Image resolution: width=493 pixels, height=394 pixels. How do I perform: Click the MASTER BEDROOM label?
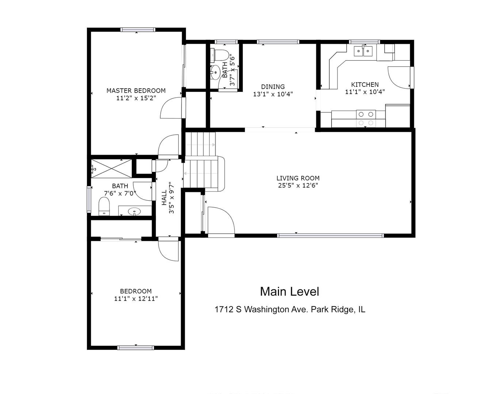click(136, 91)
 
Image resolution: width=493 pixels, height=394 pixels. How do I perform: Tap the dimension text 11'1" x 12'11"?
click(136, 298)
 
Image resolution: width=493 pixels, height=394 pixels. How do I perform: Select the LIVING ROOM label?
click(298, 178)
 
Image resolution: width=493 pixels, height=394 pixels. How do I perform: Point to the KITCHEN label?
click(365, 85)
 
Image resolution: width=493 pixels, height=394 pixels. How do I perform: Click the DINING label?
click(273, 86)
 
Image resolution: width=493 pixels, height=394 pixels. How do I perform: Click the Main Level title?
click(290, 291)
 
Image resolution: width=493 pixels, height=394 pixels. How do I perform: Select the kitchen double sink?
click(363, 51)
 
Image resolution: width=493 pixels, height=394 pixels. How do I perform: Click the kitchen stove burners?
click(366, 118)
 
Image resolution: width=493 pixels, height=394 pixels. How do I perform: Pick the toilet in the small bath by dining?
click(219, 55)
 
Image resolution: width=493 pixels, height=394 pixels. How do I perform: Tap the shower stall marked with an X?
click(112, 168)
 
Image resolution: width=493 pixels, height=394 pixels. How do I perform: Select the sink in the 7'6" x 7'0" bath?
click(134, 211)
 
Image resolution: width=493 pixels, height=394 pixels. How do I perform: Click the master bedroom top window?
click(138, 30)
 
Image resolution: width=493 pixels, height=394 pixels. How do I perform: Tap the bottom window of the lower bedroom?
click(135, 348)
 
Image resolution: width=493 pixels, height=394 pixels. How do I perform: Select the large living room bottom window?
click(330, 236)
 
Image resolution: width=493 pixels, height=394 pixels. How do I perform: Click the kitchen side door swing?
click(399, 77)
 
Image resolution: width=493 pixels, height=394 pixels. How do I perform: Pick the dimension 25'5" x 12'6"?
click(298, 185)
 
